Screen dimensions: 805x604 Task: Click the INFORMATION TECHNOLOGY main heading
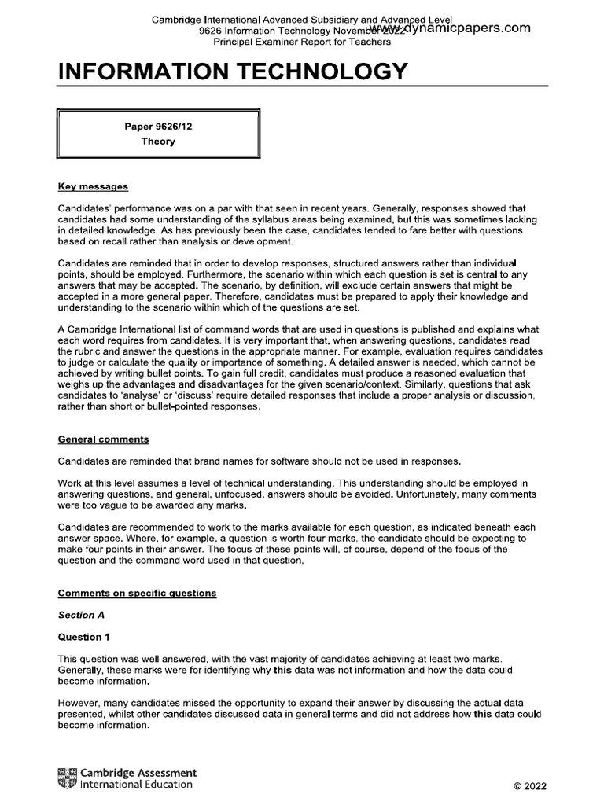(x=233, y=72)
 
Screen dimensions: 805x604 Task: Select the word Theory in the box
(x=158, y=142)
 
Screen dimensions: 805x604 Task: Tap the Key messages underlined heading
(x=93, y=187)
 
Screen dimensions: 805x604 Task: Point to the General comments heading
(x=103, y=439)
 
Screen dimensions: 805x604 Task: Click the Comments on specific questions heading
(x=137, y=593)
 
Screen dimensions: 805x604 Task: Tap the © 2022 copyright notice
(x=530, y=785)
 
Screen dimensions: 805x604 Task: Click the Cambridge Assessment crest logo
(x=68, y=778)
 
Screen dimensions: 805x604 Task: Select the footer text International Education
(x=137, y=784)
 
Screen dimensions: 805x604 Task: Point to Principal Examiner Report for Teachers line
(x=302, y=41)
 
